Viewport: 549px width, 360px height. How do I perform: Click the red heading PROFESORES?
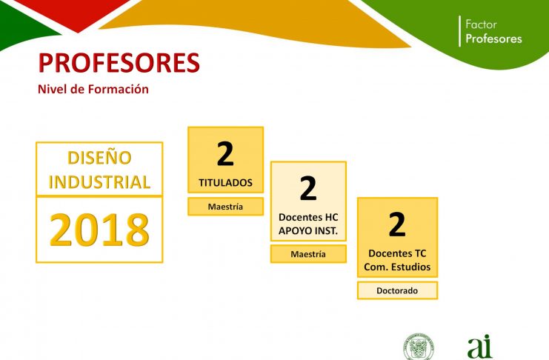(x=119, y=63)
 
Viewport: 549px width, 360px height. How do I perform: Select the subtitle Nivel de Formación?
(x=93, y=89)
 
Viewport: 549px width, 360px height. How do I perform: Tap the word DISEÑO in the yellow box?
(x=99, y=158)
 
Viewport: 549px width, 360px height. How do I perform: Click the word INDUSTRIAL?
(x=99, y=182)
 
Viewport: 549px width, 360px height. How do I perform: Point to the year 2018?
(x=99, y=230)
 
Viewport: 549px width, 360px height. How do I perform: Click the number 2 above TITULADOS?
(x=225, y=153)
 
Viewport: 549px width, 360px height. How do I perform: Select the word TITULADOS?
(x=225, y=182)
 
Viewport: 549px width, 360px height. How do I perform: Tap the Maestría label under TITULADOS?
(x=225, y=207)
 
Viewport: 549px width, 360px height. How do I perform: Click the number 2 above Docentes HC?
(x=308, y=188)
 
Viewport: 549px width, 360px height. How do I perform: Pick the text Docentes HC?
(x=308, y=217)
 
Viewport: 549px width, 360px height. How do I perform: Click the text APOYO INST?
(x=308, y=231)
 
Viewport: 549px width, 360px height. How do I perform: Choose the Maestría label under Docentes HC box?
(x=308, y=254)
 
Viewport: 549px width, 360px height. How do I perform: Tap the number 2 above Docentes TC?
(x=397, y=224)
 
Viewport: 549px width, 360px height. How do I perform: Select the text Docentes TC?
(x=397, y=253)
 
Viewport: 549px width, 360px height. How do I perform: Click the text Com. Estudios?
(x=397, y=267)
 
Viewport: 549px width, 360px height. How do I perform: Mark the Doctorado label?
(x=397, y=290)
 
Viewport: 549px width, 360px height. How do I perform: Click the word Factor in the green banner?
(x=481, y=24)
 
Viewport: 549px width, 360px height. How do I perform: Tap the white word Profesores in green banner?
(x=493, y=39)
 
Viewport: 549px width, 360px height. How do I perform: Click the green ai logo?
(x=480, y=347)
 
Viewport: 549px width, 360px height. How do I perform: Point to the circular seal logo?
(x=419, y=347)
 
